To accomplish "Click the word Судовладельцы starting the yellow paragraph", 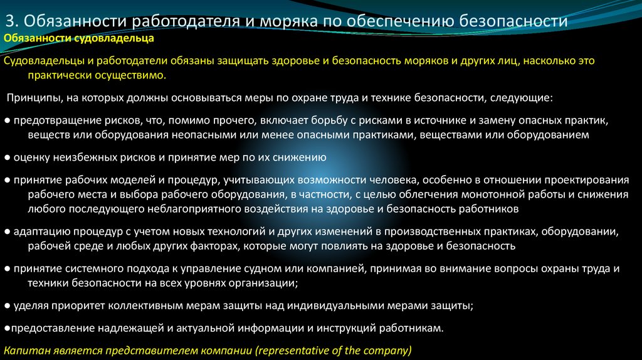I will click(x=41, y=61).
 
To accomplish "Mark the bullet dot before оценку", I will click(x=6, y=157).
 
